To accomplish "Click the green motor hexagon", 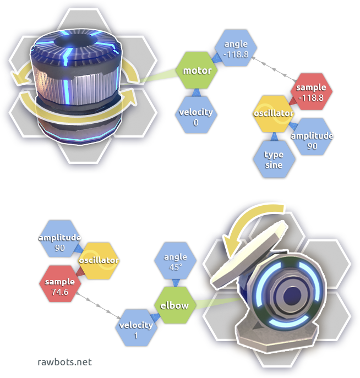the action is click(197, 70).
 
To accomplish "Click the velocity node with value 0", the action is click(196, 116).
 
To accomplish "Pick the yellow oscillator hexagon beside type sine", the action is click(274, 114).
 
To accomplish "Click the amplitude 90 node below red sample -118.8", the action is click(312, 140).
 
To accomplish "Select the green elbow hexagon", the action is click(174, 304).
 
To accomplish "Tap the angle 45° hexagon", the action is click(176, 261).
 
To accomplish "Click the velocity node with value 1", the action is click(137, 328).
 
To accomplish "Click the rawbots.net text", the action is click(64, 362).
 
